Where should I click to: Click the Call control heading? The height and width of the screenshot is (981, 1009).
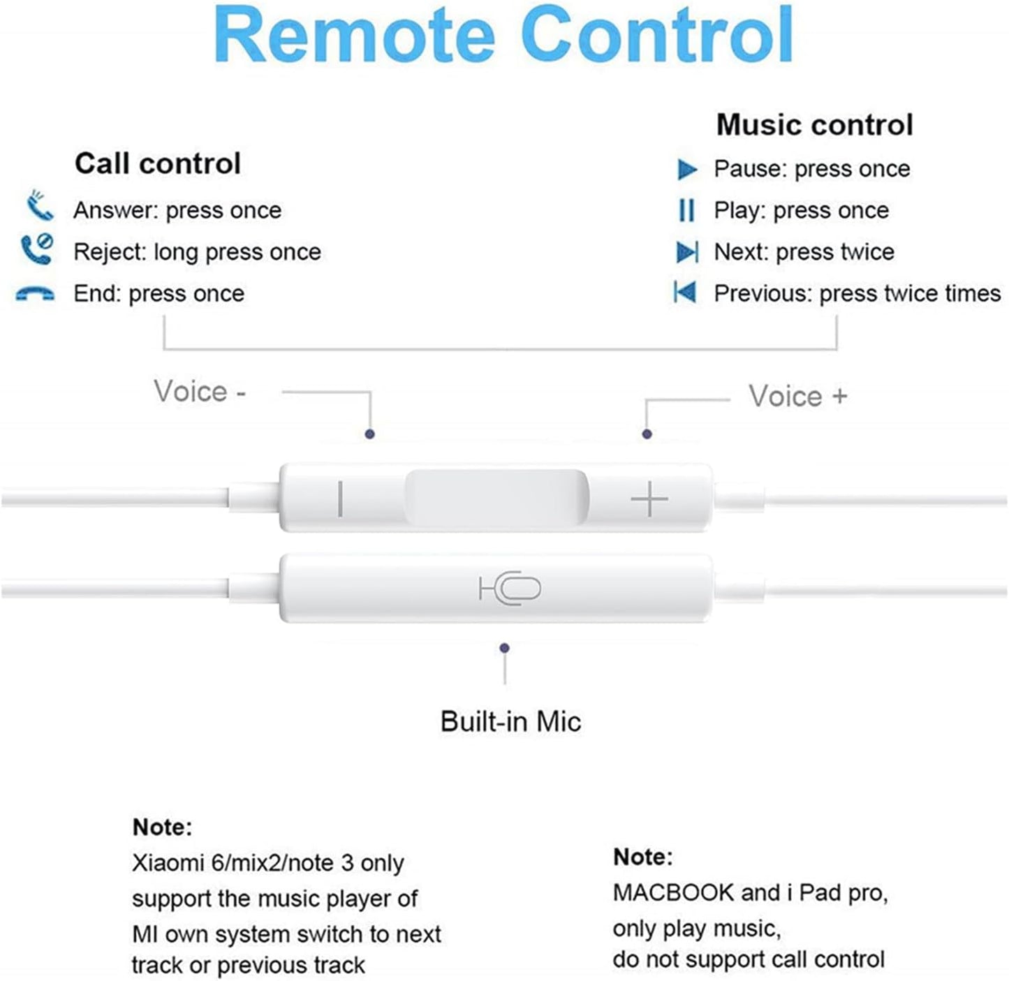(158, 163)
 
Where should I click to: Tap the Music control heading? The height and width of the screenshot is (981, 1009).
(815, 124)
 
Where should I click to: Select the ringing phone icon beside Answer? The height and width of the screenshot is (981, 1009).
(40, 205)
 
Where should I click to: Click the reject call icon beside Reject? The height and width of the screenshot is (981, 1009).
(37, 249)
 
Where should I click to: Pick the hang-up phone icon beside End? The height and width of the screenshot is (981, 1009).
(35, 293)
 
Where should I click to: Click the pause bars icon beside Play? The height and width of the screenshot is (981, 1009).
(686, 210)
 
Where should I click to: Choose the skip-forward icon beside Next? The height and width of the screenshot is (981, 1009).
(688, 252)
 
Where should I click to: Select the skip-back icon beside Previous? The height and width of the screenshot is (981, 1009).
(685, 292)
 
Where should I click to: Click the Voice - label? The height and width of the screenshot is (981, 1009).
(200, 391)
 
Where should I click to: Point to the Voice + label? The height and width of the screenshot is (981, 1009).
(797, 396)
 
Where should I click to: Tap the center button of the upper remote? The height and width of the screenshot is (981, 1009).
(497, 498)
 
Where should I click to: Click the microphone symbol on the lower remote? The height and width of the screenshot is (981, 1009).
(510, 587)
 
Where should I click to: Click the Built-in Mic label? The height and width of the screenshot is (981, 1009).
(510, 721)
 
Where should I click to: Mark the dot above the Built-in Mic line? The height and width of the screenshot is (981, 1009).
(504, 648)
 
